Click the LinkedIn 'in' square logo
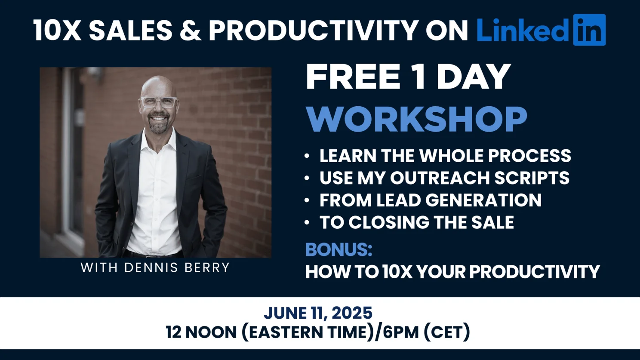[x=589, y=30]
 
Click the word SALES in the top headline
[x=131, y=30]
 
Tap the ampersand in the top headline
[x=191, y=30]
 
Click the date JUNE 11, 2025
[x=318, y=313]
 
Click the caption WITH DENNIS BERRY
[x=155, y=268]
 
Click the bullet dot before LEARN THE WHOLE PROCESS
[x=307, y=156]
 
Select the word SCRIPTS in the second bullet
[x=532, y=178]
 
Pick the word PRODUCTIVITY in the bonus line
[x=535, y=271]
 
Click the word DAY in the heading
[x=474, y=77]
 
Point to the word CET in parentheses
[x=446, y=332]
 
